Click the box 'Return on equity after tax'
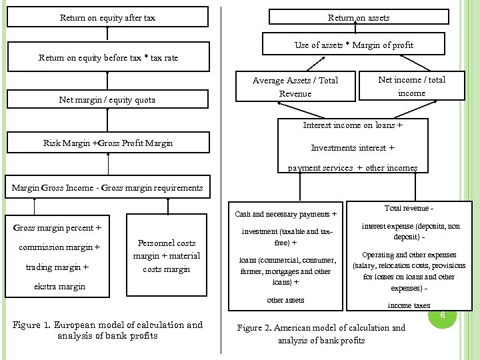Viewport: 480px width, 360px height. [x=107, y=18]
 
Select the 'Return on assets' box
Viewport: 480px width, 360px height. [x=359, y=18]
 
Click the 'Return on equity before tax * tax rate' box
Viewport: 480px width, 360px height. [x=107, y=58]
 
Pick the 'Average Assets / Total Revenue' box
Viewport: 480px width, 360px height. [x=295, y=87]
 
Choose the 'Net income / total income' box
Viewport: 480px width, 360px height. [x=411, y=86]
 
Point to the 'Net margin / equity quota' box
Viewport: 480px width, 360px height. [x=107, y=100]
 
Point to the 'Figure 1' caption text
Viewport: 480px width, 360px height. [x=107, y=330]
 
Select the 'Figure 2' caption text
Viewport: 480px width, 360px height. [x=321, y=334]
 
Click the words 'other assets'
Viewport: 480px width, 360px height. [x=285, y=300]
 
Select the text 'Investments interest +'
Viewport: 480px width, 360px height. [x=353, y=148]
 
